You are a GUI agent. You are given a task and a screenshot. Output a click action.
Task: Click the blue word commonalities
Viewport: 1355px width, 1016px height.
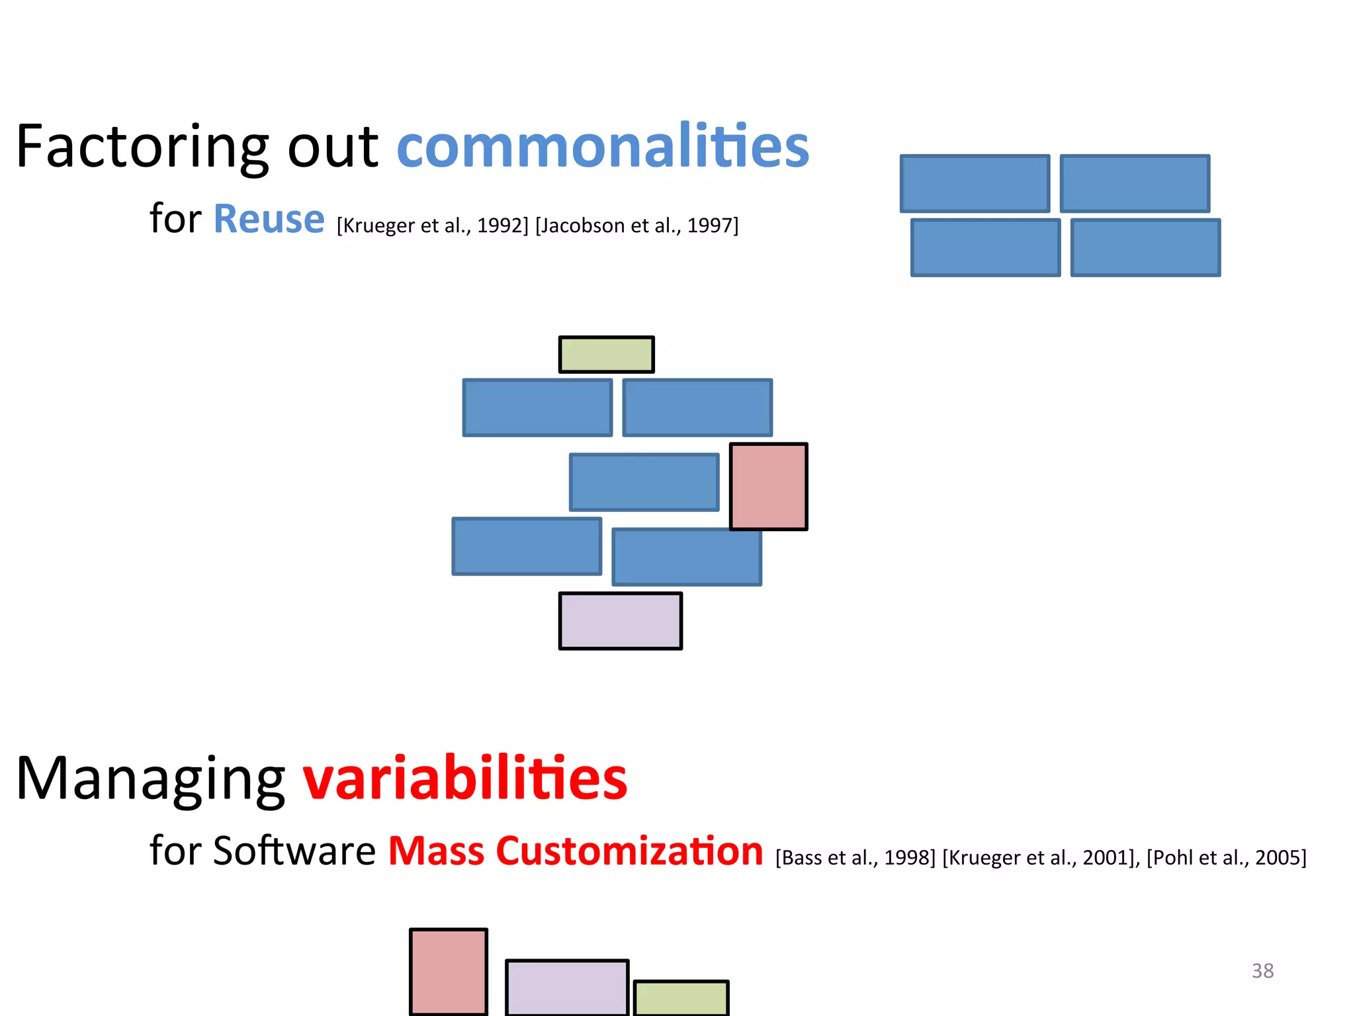[x=602, y=147]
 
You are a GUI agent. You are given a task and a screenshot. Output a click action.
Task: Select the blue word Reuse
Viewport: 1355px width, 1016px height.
[x=269, y=220]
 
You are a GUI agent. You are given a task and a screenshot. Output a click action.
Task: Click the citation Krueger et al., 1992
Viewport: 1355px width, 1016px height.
[x=433, y=226]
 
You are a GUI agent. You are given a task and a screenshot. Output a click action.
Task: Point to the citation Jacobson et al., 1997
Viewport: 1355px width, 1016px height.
[x=636, y=226]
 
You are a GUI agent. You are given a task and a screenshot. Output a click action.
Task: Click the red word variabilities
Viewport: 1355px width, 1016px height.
[x=464, y=779]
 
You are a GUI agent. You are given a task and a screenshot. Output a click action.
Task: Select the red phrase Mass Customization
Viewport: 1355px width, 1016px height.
[x=575, y=851]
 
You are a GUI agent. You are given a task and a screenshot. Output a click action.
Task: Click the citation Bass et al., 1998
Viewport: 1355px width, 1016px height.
[x=855, y=858]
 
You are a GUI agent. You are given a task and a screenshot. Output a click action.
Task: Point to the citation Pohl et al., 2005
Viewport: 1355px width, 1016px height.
[x=1226, y=858]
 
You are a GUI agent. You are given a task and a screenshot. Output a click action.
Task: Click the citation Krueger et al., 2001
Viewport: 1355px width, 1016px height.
[x=1040, y=858]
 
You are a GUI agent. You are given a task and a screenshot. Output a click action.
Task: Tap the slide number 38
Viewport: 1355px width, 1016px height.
[x=1262, y=970]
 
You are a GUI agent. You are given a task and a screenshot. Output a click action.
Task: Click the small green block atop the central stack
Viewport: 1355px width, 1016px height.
[x=606, y=355]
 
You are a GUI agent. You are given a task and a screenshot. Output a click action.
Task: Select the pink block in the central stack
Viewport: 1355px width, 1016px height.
[x=768, y=486]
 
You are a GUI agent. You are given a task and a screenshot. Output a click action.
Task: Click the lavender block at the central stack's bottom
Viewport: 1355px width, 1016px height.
[x=620, y=620]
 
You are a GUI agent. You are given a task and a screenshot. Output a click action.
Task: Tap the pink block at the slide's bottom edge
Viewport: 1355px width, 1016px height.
[x=448, y=971]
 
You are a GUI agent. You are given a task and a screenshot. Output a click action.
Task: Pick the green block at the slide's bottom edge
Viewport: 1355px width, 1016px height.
[x=681, y=997]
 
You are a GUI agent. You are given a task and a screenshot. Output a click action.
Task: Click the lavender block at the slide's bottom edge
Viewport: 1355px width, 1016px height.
[x=566, y=987]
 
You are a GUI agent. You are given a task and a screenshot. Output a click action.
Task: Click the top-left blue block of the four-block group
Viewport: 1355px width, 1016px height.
[x=975, y=184]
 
